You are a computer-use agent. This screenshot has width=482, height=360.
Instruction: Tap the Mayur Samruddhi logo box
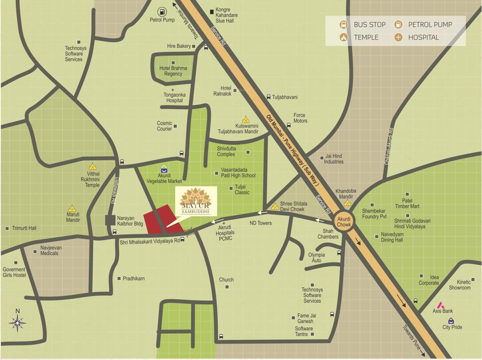click(x=196, y=202)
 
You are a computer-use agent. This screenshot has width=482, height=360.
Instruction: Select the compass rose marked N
click(x=17, y=322)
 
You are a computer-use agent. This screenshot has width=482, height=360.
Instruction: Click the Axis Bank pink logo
click(x=440, y=304)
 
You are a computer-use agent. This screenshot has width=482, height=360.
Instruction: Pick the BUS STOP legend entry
click(x=363, y=24)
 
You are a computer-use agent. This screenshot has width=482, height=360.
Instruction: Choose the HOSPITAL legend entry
click(x=417, y=37)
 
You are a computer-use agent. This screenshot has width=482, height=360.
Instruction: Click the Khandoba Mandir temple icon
click(x=347, y=203)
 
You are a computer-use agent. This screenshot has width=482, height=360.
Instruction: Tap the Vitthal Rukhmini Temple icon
click(x=92, y=166)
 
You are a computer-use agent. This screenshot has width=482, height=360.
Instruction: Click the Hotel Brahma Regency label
click(x=173, y=71)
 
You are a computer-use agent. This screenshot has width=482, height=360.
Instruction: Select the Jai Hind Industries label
click(x=334, y=159)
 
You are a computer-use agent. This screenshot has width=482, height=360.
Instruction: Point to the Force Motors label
click(x=300, y=118)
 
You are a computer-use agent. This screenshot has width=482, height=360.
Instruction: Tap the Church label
click(x=226, y=280)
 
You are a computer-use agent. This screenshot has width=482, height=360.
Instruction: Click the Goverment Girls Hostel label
click(x=14, y=272)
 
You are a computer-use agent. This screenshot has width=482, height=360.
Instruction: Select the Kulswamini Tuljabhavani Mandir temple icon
click(x=245, y=120)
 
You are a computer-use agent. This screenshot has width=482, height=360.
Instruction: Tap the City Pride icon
click(x=451, y=321)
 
